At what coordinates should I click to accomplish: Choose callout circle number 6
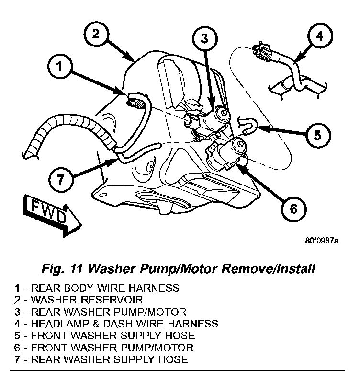[x=292, y=208]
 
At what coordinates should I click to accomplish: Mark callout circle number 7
[x=60, y=180]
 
